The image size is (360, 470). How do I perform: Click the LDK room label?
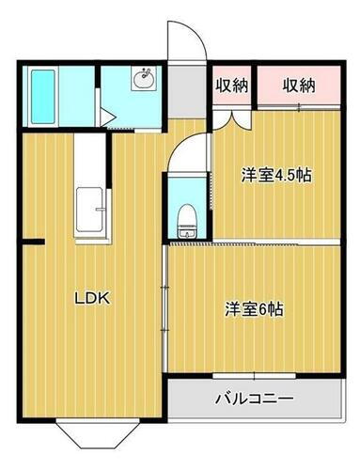pos(94,299)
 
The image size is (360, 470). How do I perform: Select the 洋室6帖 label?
pos(254,308)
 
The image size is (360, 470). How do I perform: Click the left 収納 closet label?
pos(231,86)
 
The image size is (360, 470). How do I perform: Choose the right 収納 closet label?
pos(298,86)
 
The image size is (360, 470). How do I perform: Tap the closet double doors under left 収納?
pos(231,117)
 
